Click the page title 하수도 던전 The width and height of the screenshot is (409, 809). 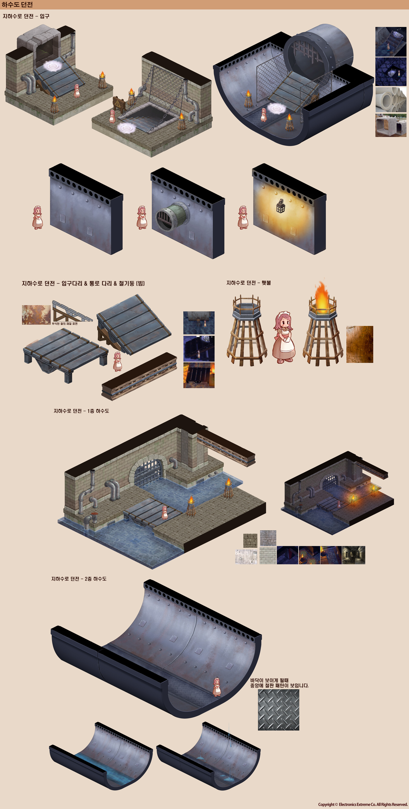tap(17, 5)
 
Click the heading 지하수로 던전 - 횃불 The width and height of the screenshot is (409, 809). tap(248, 283)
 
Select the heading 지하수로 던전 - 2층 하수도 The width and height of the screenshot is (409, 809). tap(79, 578)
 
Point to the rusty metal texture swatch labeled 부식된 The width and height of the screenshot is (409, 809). tap(36, 314)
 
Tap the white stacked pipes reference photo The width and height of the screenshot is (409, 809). tap(390, 100)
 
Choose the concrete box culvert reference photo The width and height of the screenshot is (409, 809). tap(390, 125)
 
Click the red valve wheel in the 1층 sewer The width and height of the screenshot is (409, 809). tap(94, 514)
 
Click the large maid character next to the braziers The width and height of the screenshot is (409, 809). tap(284, 338)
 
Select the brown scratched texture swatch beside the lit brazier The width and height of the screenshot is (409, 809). tap(359, 344)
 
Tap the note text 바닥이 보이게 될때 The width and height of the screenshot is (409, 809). tap(269, 680)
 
